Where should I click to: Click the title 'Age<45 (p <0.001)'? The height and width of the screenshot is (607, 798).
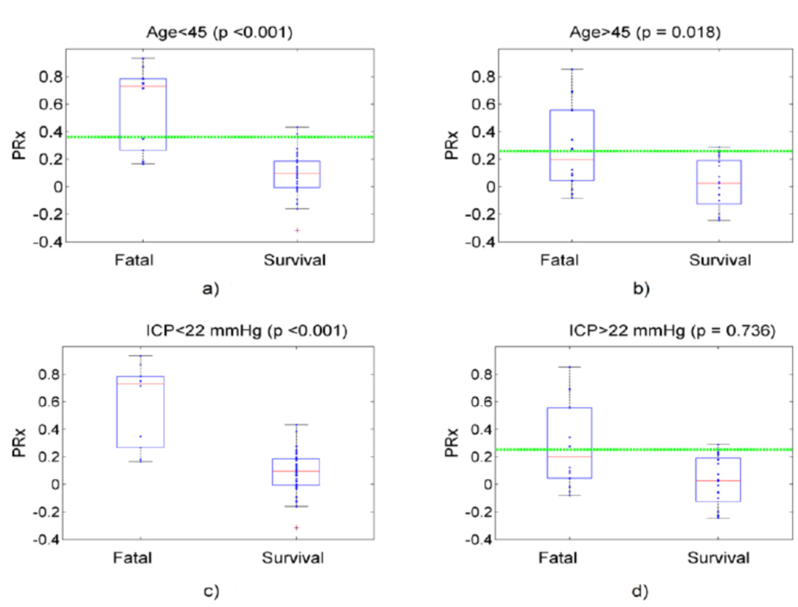tap(219, 32)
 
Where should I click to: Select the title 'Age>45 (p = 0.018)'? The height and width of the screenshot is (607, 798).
tap(645, 32)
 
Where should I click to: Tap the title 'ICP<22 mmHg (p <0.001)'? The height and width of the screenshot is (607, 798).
tap(247, 330)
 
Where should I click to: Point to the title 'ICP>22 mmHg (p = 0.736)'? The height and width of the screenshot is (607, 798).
tap(672, 330)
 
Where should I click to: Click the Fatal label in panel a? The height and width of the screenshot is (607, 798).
tap(134, 260)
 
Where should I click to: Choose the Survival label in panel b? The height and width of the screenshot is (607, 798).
tap(720, 260)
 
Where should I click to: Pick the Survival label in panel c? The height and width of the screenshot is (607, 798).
tap(293, 558)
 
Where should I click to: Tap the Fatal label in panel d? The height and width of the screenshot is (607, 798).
tap(558, 558)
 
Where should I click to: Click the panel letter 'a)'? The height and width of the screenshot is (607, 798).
tap(211, 289)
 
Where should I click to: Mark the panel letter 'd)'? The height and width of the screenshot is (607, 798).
tap(640, 591)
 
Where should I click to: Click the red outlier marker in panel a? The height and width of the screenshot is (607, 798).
tap(297, 231)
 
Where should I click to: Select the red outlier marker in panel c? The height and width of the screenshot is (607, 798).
tap(297, 528)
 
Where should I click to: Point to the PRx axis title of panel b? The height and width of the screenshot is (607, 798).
tap(452, 145)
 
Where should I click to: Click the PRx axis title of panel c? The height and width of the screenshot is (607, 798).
tap(19, 442)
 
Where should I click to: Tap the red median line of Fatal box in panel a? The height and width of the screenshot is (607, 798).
tap(143, 86)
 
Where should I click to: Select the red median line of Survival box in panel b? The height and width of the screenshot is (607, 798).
tap(718, 183)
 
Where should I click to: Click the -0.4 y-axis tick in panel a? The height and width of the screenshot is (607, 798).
tap(46, 242)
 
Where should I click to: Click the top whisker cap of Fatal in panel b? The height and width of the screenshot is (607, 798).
tap(571, 69)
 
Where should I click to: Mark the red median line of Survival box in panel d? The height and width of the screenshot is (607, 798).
tap(718, 481)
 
